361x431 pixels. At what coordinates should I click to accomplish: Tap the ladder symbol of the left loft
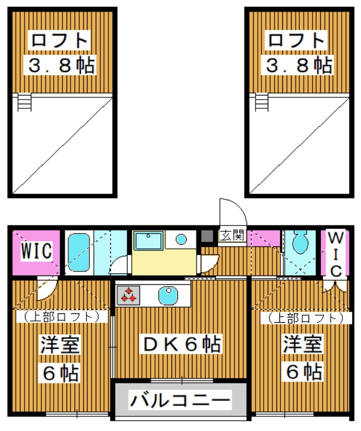tap(23, 103)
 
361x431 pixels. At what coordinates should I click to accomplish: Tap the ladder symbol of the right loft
tap(260, 103)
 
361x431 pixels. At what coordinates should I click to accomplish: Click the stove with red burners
tap(128, 295)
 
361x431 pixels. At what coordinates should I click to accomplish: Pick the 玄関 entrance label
tap(232, 236)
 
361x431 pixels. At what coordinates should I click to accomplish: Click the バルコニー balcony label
tap(180, 400)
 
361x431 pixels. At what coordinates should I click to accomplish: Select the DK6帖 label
tap(182, 344)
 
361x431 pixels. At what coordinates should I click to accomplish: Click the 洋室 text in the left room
tap(60, 345)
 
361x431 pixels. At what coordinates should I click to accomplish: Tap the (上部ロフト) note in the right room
tap(305, 318)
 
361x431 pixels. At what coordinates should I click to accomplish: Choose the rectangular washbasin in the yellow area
tap(149, 241)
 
